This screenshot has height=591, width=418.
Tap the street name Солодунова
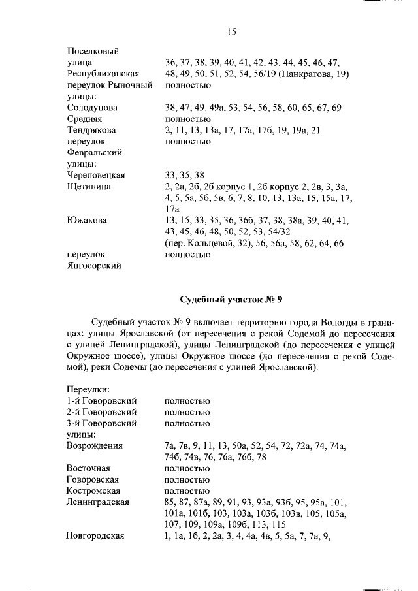click(x=93, y=107)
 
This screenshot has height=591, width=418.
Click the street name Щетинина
click(x=88, y=186)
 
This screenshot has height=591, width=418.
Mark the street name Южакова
click(x=87, y=220)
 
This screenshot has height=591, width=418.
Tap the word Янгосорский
click(x=93, y=265)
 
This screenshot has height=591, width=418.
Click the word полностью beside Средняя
click(x=187, y=119)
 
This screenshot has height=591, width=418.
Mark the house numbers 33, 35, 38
click(x=185, y=175)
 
